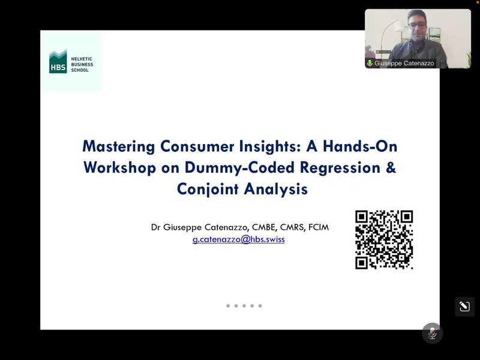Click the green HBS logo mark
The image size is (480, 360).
58,62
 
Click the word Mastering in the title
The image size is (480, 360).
118,146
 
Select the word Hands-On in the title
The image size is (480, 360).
360,146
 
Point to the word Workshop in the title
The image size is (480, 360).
119,168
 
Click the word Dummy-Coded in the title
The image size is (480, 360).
239,168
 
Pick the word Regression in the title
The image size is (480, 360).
340,168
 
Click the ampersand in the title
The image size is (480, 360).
391,167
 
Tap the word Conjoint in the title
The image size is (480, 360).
208,189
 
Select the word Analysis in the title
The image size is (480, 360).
276,189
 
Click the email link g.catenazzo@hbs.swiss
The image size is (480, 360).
238,239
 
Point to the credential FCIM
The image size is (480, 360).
319,227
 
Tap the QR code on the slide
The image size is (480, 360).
384,239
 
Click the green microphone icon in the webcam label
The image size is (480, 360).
370,63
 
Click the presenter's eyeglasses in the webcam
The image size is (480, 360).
417,26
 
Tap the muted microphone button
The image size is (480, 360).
432,334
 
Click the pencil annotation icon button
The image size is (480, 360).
464,307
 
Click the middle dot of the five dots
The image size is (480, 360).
244,306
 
